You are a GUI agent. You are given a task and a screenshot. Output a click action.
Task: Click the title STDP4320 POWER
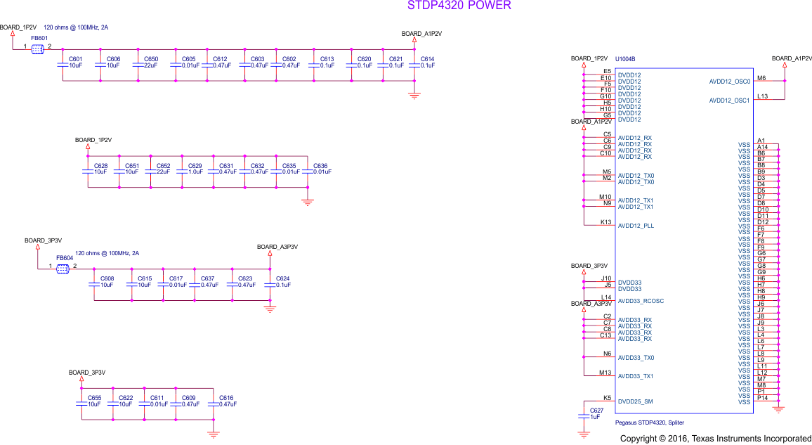(x=459, y=6)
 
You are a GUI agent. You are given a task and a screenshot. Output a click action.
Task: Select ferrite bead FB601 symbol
(x=38, y=48)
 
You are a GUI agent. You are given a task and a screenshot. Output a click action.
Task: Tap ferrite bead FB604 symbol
(x=63, y=267)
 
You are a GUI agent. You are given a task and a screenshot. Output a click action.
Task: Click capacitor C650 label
(x=151, y=59)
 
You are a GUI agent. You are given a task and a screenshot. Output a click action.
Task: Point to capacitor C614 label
(x=427, y=59)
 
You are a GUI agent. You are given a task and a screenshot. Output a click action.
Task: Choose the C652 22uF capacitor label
(x=163, y=166)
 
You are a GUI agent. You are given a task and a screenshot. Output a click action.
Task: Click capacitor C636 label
(x=320, y=166)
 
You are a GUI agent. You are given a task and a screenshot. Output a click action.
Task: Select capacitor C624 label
(x=283, y=278)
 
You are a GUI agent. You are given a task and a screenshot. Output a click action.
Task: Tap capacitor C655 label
(x=94, y=398)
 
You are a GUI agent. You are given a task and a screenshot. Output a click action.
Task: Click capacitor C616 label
(x=226, y=398)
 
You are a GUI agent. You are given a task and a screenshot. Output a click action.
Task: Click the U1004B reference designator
(x=625, y=59)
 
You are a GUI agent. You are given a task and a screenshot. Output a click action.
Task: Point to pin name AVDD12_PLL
(x=636, y=226)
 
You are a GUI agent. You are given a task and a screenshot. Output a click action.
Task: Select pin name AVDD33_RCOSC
(x=641, y=301)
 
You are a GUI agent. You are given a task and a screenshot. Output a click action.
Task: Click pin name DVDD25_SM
(x=635, y=401)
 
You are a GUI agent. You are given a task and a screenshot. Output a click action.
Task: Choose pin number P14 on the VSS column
(x=762, y=398)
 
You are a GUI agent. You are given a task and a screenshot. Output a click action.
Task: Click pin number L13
(x=762, y=96)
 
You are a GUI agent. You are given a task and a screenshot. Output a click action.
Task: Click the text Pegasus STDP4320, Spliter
(x=649, y=423)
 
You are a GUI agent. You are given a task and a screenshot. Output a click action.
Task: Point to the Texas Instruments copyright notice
(x=715, y=439)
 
